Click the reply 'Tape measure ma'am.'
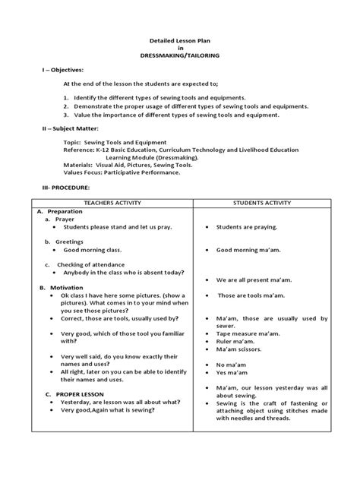248,333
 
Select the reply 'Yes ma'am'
234,373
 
